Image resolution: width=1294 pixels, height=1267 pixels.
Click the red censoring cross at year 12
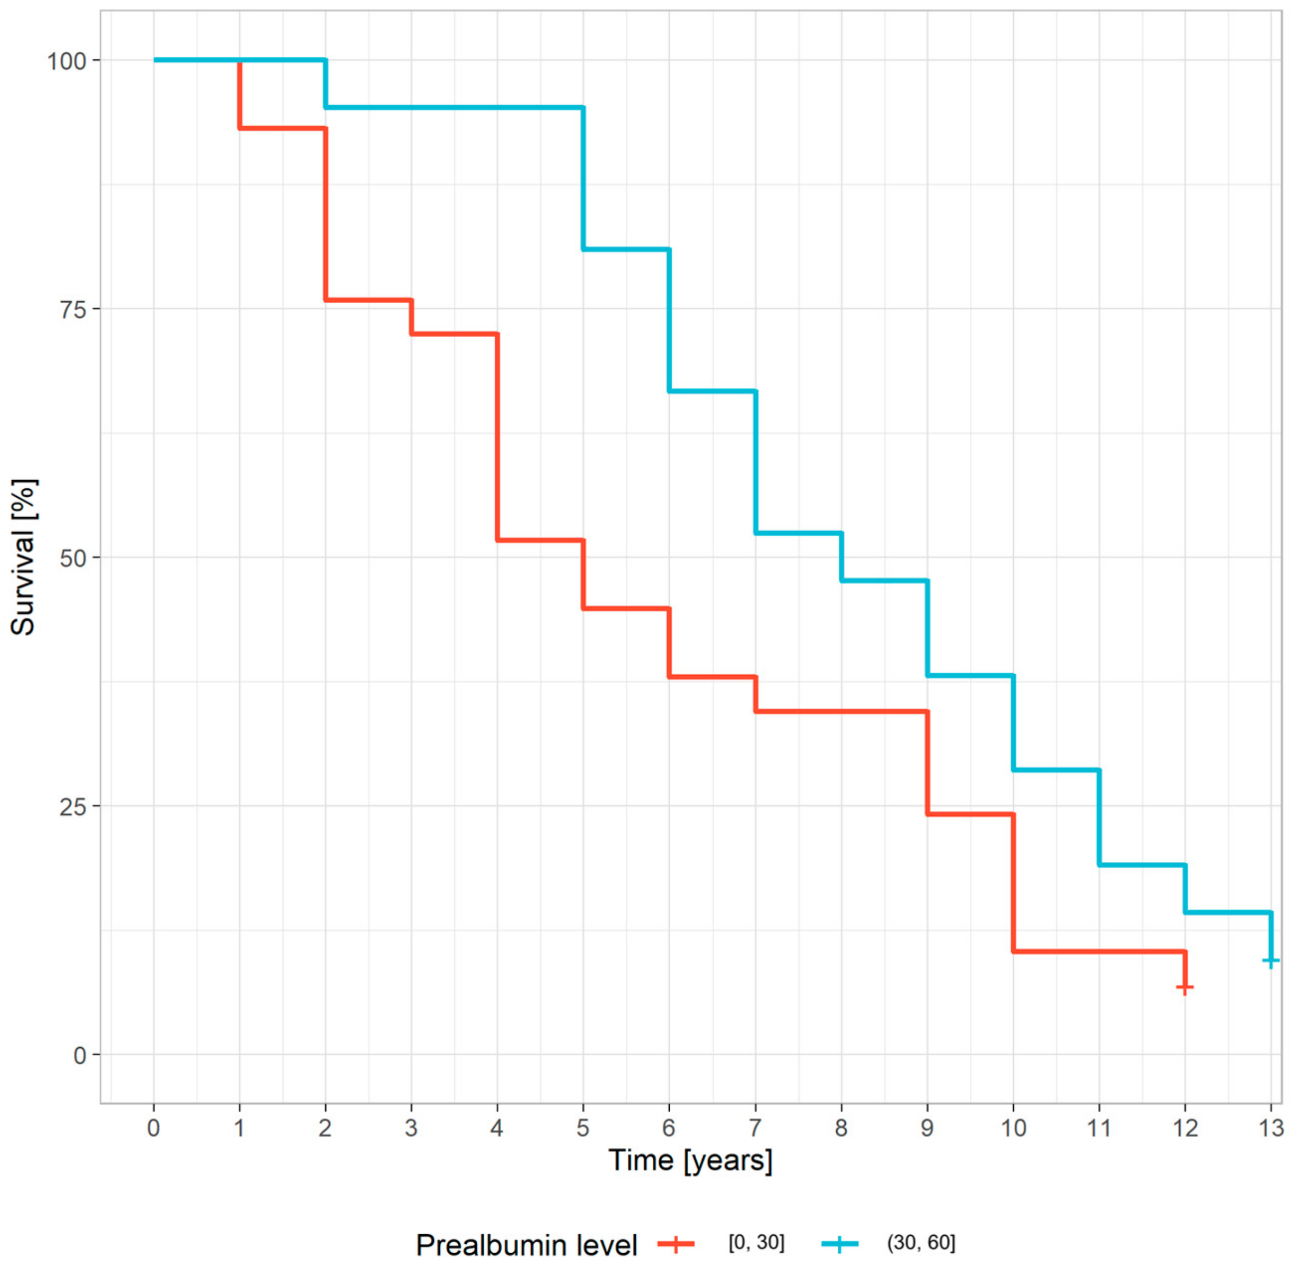click(1184, 987)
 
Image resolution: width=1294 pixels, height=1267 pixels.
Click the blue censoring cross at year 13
click(1271, 961)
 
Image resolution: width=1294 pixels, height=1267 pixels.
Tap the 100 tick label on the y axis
click(66, 61)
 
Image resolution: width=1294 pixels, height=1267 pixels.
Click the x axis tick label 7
click(755, 1128)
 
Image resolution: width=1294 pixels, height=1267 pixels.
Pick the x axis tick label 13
click(1270, 1128)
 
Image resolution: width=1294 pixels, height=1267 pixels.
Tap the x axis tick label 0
click(154, 1128)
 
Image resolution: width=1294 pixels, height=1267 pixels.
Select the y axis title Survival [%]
click(24, 557)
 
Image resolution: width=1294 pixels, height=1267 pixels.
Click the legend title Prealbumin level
click(526, 1245)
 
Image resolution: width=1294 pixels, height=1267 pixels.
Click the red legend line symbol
click(676, 1244)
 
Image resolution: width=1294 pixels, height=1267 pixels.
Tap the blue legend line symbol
click(840, 1244)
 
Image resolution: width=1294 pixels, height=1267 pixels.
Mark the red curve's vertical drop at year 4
click(497, 436)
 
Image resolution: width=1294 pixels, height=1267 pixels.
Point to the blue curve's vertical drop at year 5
click(583, 179)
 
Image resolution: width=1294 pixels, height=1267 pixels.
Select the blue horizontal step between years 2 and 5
click(454, 107)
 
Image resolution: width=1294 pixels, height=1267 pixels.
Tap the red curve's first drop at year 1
click(239, 94)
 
